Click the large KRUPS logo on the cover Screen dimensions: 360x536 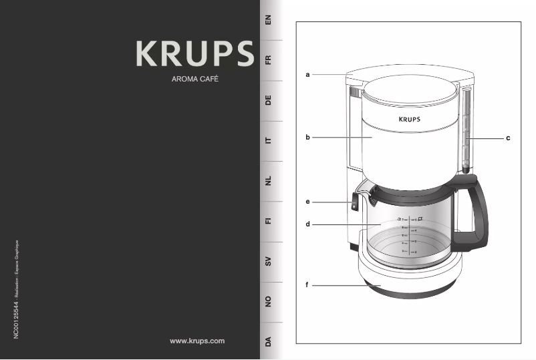click(195, 53)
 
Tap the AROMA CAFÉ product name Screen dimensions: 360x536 click(195, 79)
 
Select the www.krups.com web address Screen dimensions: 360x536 click(197, 341)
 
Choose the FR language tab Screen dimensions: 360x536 click(268, 61)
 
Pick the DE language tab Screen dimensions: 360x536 click(268, 101)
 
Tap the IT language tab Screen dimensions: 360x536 click(268, 141)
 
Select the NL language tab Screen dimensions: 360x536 click(268, 181)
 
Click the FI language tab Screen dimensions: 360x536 click(268, 221)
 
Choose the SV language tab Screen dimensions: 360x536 click(268, 262)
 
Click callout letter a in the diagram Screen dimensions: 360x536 click(307, 75)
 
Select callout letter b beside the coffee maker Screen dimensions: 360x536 click(307, 138)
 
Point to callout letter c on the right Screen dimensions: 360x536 click(508, 138)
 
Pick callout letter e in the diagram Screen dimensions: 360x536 click(307, 201)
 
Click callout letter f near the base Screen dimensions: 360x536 click(307, 285)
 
